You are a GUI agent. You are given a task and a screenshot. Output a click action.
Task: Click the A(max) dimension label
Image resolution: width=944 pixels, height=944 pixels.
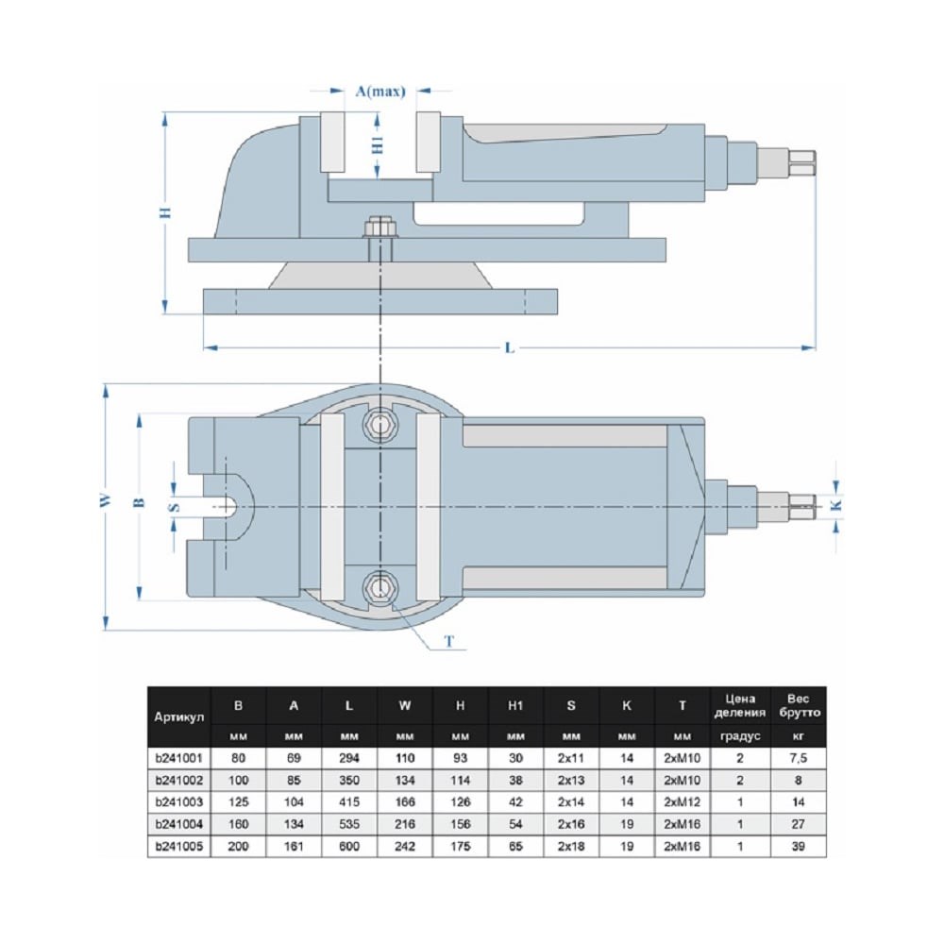point(379,92)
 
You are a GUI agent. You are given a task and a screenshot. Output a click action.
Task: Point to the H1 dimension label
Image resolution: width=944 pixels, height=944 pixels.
point(378,143)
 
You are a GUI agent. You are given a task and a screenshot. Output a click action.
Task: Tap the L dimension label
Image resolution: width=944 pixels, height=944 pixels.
point(509,348)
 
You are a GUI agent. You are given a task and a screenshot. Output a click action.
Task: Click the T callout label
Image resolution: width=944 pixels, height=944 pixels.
point(450,642)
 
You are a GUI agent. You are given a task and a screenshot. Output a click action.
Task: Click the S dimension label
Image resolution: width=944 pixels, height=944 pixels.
point(174,506)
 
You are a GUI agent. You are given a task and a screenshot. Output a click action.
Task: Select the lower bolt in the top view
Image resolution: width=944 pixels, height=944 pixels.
point(380,587)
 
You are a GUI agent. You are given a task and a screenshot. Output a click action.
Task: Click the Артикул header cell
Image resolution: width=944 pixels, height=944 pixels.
point(179,716)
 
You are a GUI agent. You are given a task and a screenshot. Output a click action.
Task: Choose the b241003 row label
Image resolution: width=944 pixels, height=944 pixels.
point(179,801)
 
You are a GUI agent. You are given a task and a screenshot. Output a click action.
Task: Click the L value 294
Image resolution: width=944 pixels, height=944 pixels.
point(349,758)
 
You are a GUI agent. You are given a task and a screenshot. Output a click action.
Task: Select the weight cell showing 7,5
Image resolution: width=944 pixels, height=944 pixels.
point(798,758)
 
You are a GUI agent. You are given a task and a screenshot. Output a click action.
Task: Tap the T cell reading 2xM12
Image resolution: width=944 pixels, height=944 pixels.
point(683,801)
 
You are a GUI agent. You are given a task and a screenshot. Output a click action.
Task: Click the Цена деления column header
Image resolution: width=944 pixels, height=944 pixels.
point(741,705)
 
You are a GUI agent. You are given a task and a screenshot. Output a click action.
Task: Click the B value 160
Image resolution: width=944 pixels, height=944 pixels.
point(238,822)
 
